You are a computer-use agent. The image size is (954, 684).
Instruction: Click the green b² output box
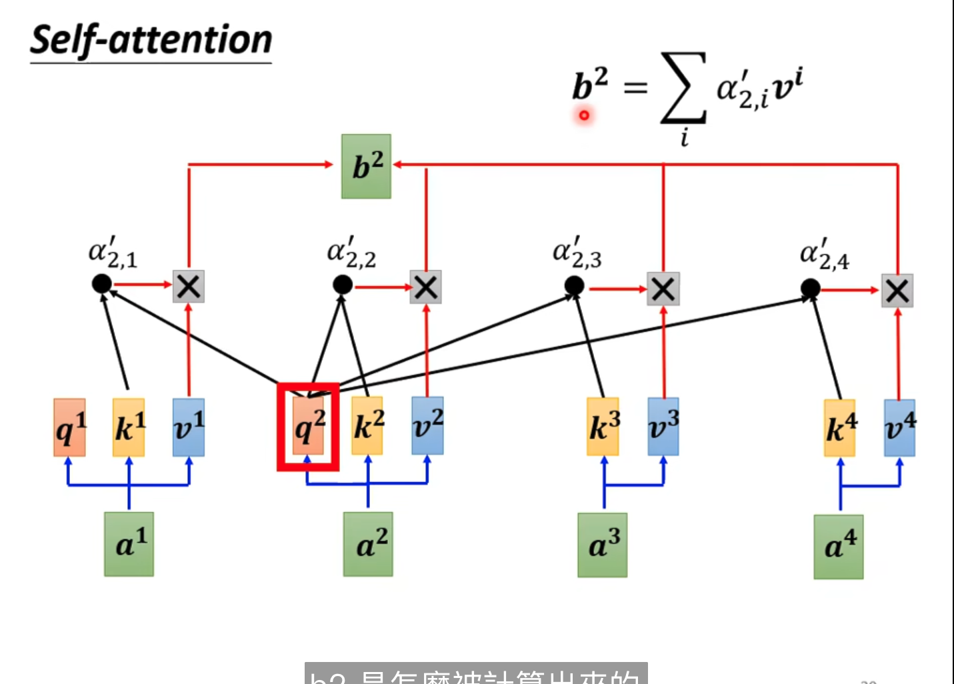click(366, 166)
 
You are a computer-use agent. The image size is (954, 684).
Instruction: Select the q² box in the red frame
click(308, 427)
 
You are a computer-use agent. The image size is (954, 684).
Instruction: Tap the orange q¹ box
click(69, 427)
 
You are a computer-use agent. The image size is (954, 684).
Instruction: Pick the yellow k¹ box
click(129, 427)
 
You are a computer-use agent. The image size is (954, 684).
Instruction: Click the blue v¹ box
click(189, 427)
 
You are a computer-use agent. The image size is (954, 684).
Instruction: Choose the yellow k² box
click(367, 426)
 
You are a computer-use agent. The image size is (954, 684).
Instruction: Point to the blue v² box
click(427, 425)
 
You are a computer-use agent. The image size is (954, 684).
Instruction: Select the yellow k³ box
click(603, 427)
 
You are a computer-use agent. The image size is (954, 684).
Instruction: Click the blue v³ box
click(663, 427)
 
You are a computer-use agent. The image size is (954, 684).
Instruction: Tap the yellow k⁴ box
click(840, 428)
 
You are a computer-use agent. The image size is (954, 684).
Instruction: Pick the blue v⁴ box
click(899, 428)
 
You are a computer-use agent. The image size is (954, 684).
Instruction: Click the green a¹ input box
click(129, 544)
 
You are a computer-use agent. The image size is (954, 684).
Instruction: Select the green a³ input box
click(603, 545)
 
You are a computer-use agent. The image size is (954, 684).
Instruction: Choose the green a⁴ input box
click(839, 547)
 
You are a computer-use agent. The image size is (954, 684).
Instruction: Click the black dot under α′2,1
click(102, 284)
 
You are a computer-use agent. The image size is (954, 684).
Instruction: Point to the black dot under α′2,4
click(810, 289)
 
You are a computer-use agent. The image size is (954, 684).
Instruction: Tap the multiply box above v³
click(663, 289)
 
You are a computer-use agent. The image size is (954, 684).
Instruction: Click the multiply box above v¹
click(189, 287)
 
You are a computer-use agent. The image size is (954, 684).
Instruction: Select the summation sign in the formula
click(683, 89)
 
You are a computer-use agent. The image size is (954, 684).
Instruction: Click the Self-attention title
click(151, 40)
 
